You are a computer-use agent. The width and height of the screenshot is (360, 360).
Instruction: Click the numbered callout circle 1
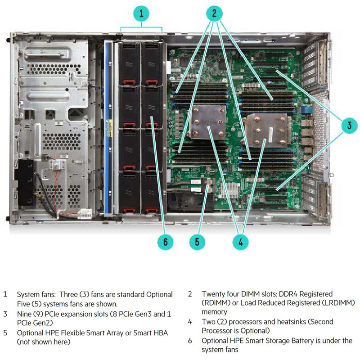point(142,13)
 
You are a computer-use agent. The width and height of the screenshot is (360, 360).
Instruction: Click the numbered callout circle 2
point(215,13)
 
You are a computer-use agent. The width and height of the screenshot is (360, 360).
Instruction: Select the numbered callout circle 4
point(240,242)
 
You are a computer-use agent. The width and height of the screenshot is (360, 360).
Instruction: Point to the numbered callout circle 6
point(165,242)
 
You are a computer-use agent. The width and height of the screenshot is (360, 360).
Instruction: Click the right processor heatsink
point(266,130)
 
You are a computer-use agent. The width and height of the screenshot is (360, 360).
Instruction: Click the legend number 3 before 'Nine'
point(5,314)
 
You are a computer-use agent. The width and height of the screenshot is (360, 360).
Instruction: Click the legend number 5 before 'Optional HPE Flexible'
point(5,333)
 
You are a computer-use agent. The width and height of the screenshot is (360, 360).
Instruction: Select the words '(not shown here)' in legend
point(44,342)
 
